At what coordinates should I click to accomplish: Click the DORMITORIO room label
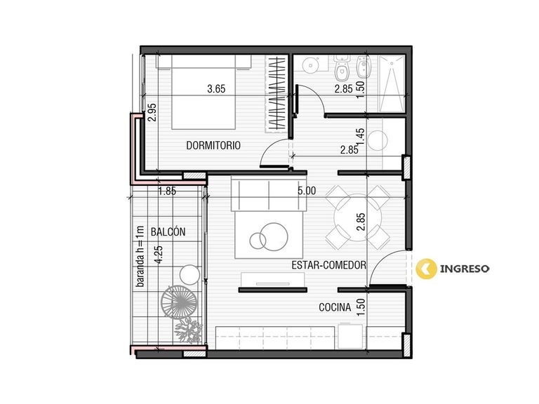pos(213,145)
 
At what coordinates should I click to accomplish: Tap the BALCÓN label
pos(168,231)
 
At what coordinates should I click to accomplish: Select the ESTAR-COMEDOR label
pos(328,265)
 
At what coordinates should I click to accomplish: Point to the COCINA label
pos(335,307)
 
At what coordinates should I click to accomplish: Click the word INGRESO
pos(465,269)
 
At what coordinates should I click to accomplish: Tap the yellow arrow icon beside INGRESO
pos(426,269)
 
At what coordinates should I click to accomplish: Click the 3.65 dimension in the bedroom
pos(216,89)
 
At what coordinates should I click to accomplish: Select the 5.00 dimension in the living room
pos(307,191)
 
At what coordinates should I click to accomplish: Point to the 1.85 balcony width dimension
pos(167,191)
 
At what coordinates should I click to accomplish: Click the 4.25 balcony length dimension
pos(159,255)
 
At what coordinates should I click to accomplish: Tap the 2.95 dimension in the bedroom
pos(152,113)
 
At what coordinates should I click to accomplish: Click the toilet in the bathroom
pos(341,67)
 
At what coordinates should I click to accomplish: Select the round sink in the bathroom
pos(311,65)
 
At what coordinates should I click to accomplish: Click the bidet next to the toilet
pos(363,67)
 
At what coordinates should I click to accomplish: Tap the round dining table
pos(357,217)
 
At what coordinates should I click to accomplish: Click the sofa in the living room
pos(269,194)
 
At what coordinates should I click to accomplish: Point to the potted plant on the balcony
pos(188,330)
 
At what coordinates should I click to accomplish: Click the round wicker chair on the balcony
pos(179,303)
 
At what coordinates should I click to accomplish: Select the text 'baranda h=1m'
pos(140,256)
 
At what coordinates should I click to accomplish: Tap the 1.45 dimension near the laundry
pos(360,137)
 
